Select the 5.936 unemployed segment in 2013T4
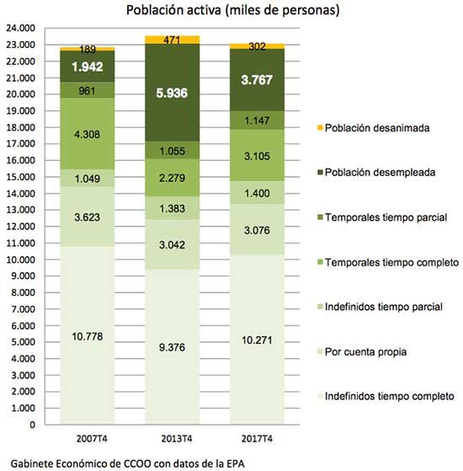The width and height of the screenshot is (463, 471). pyautogui.click(x=173, y=93)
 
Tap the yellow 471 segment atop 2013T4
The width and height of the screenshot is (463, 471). pyautogui.click(x=173, y=40)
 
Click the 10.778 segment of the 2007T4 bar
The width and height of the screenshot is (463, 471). pyautogui.click(x=88, y=335)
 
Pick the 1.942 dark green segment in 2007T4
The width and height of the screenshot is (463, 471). pyautogui.click(x=88, y=66)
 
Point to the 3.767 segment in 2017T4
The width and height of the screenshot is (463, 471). pyautogui.click(x=257, y=80)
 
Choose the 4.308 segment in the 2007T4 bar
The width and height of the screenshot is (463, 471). pyautogui.click(x=88, y=134)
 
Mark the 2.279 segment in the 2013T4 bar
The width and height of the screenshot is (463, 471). pyautogui.click(x=173, y=178)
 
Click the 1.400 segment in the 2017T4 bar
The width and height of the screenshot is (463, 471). pyautogui.click(x=257, y=193)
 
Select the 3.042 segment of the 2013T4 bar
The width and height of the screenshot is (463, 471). pyautogui.click(x=173, y=244)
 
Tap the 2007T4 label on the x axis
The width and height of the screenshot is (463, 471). pyautogui.click(x=92, y=438)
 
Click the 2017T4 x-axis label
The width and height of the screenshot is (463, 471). pyautogui.click(x=257, y=438)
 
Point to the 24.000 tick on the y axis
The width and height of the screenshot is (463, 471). pyautogui.click(x=21, y=28)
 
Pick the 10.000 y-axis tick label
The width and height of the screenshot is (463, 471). pyautogui.click(x=21, y=260)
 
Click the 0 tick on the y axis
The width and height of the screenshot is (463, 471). pyautogui.click(x=32, y=425)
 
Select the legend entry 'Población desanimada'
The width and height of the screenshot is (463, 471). pyautogui.click(x=374, y=128)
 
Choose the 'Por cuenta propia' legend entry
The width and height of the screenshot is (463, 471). pyautogui.click(x=362, y=351)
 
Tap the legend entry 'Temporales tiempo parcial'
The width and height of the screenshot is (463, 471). pyautogui.click(x=382, y=217)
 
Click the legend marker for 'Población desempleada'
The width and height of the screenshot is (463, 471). pyautogui.click(x=320, y=173)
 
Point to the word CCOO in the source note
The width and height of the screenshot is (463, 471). pyautogui.click(x=137, y=463)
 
